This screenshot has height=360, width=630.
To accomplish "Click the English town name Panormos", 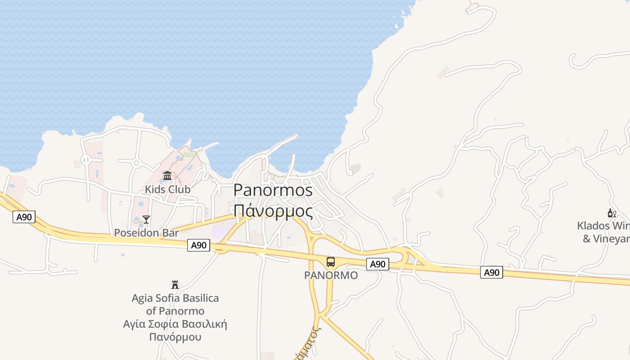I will click(273, 190).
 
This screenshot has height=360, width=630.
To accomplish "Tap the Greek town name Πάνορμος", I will click(273, 211).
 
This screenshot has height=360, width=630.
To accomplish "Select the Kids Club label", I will click(167, 189).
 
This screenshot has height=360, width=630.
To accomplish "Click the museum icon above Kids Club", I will click(167, 175).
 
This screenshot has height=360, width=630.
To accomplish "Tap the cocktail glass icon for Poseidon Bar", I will click(146, 220).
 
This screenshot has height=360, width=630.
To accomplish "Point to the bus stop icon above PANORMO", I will click(331, 262).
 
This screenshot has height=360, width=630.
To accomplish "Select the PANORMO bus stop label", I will click(331, 275).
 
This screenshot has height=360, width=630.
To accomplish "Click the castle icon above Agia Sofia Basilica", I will click(175, 284).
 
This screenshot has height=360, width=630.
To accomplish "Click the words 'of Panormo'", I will click(175, 311).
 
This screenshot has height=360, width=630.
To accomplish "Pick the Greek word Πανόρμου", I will click(175, 337).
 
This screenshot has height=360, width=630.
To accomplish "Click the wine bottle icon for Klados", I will click(612, 213).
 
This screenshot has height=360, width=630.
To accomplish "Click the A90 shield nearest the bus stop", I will click(377, 264).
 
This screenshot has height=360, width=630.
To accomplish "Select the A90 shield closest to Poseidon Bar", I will click(198, 245).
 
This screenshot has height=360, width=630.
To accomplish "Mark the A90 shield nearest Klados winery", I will click(491, 272).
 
